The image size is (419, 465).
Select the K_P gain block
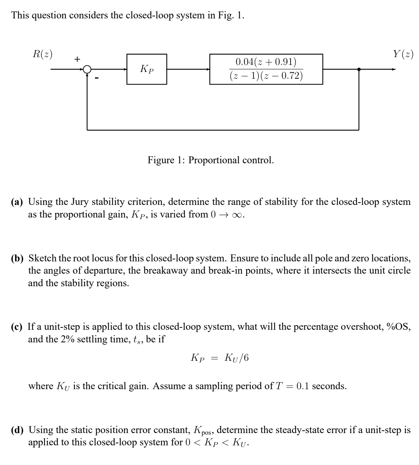point(147,69)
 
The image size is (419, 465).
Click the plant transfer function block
point(266,69)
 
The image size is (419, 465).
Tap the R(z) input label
point(43,54)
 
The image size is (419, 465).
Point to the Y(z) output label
point(403,54)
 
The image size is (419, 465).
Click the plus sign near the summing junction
point(77,59)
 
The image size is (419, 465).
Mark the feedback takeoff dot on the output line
point(359,69)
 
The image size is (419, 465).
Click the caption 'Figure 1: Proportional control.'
point(210,160)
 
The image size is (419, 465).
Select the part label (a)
point(17,202)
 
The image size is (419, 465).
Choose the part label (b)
point(17,258)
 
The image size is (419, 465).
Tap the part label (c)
point(17,327)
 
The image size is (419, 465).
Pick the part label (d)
point(17,430)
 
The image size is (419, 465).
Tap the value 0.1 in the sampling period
point(303,386)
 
